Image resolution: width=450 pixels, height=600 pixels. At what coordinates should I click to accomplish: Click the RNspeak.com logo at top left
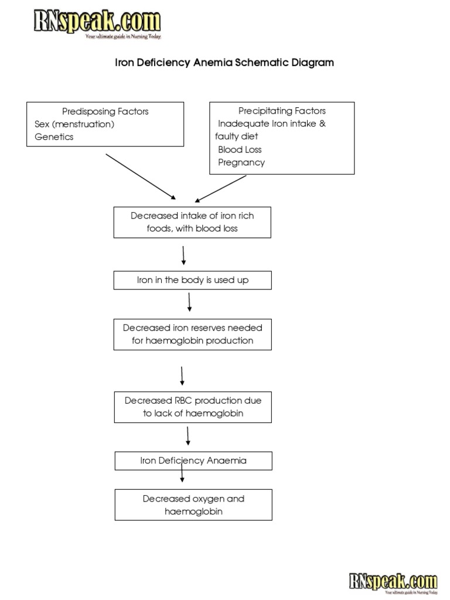(x=97, y=23)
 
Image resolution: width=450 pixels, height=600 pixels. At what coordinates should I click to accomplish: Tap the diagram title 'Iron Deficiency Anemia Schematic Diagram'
(x=224, y=63)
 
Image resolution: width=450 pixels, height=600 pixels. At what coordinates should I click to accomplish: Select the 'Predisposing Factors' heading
(x=105, y=111)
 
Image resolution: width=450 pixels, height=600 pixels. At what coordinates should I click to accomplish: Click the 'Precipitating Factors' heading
(x=282, y=111)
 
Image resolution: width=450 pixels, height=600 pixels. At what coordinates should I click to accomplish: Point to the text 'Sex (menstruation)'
(x=74, y=124)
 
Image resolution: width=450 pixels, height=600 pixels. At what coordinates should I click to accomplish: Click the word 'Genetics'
(x=54, y=137)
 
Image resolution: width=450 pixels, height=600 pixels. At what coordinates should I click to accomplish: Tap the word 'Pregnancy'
(x=241, y=162)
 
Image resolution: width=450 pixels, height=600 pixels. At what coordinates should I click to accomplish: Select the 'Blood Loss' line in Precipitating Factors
(x=240, y=149)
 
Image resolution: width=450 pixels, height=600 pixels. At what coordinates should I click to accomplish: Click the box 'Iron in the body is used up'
(x=193, y=280)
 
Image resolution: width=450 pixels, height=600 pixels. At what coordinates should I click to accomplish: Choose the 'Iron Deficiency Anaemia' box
(x=193, y=461)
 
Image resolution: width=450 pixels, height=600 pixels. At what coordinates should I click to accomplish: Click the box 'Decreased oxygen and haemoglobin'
(x=193, y=505)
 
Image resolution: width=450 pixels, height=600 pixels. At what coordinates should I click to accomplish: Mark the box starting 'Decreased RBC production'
(x=193, y=407)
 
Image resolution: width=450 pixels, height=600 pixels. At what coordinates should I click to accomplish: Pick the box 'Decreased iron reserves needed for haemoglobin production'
(x=193, y=334)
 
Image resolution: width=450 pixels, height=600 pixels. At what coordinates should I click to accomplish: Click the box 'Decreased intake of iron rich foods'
(x=192, y=222)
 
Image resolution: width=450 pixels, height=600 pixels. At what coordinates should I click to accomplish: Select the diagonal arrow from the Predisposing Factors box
(x=141, y=177)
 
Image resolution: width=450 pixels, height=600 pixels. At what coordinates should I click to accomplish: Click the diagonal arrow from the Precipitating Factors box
(x=221, y=189)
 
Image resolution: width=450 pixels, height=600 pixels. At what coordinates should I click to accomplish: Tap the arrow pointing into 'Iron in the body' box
(x=184, y=255)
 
